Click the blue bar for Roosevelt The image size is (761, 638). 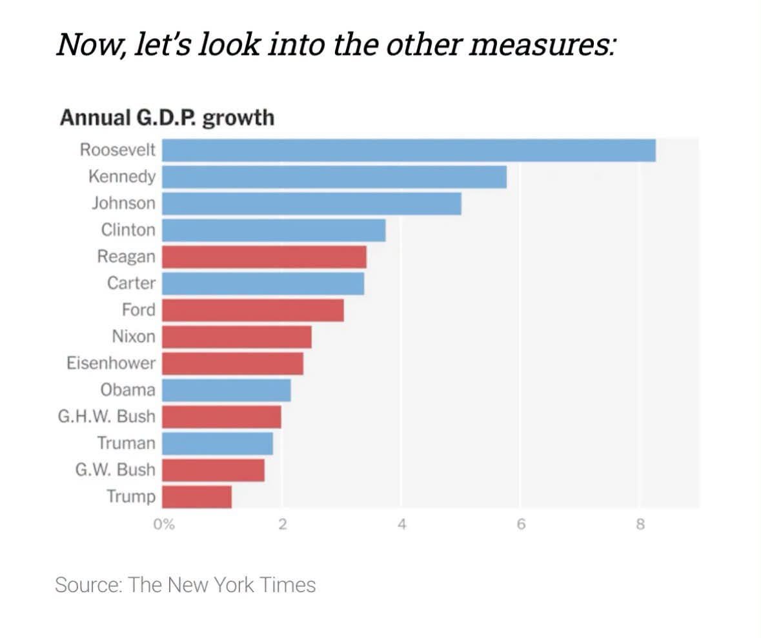pos(409,150)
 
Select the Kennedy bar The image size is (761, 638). pos(334,177)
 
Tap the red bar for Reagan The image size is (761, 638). pos(264,257)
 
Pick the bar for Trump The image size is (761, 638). pos(197,497)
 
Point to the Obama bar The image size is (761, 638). pos(226,390)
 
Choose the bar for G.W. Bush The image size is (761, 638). pos(213,470)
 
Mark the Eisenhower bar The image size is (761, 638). pos(232,363)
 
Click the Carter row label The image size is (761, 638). pos(132,283)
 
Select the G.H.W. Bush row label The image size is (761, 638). pos(107,416)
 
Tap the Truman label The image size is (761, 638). pos(126,443)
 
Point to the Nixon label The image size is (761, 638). pos(134,336)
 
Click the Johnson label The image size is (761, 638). pos(124,203)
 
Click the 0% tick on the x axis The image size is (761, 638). pos(164,524)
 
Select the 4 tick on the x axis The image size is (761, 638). pos(401,524)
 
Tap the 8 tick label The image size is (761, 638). pos(640,524)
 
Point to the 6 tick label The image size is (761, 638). pos(521,524)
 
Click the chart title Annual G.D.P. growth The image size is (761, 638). pos(167,118)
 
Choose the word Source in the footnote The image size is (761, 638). pos(89,585)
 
